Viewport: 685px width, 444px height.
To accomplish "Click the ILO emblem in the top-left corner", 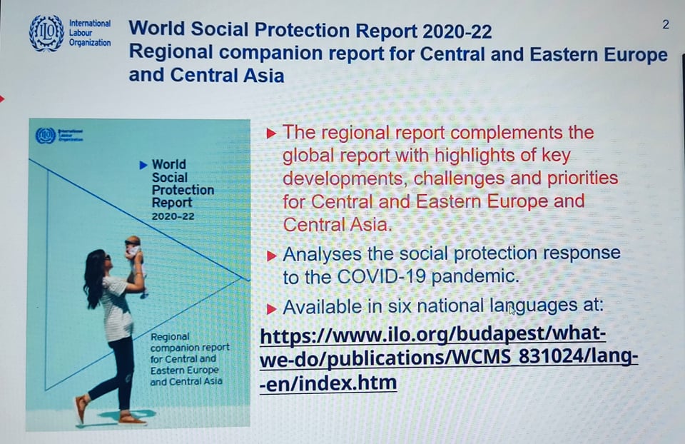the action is pyautogui.click(x=46, y=34).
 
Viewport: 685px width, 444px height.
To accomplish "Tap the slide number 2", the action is pyautogui.click(x=665, y=24).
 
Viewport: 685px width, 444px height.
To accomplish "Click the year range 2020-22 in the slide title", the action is pyautogui.click(x=457, y=31).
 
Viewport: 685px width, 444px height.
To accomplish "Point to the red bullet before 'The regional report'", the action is pyautogui.click(x=271, y=133).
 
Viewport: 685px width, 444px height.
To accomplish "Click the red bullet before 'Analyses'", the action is pyautogui.click(x=271, y=256).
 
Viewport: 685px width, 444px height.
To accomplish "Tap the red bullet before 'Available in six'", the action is pyautogui.click(x=271, y=309).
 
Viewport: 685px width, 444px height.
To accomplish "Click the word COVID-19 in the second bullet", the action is pyautogui.click(x=381, y=277).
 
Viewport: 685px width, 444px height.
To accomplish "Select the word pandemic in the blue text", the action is pyautogui.click(x=475, y=277).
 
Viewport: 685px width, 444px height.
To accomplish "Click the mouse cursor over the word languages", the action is pyautogui.click(x=512, y=310).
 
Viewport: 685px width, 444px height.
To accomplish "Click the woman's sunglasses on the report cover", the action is pyautogui.click(x=107, y=258).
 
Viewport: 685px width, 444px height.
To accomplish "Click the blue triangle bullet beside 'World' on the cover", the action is pyautogui.click(x=143, y=165).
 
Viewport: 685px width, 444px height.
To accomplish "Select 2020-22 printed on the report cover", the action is pyautogui.click(x=173, y=216).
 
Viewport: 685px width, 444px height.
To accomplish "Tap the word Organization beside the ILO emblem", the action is pyautogui.click(x=90, y=43).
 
